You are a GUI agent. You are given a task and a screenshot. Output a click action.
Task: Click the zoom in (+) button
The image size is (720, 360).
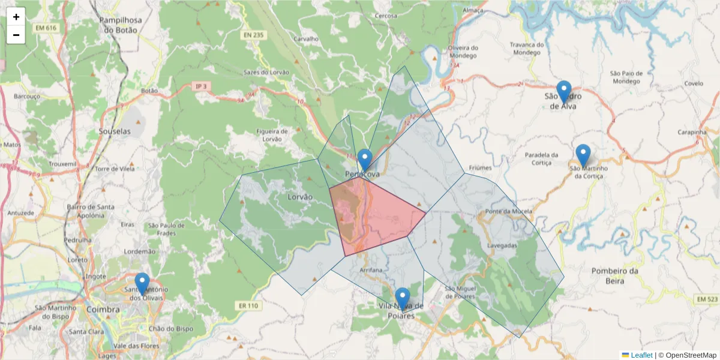pyautogui.click(x=16, y=17)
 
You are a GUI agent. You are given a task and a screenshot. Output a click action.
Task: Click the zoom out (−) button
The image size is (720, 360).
pyautogui.click(x=16, y=35)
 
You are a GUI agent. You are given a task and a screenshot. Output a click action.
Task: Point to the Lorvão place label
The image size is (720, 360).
pyautogui.click(x=300, y=197)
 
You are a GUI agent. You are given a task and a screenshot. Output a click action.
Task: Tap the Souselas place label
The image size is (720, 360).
pyautogui.click(x=114, y=130)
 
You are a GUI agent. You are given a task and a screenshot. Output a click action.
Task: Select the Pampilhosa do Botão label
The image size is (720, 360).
pyautogui.click(x=121, y=25)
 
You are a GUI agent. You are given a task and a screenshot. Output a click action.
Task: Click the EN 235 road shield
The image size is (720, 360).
pyautogui.click(x=254, y=35)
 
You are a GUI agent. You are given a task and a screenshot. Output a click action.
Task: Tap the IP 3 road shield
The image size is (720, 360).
pyautogui.click(x=202, y=86)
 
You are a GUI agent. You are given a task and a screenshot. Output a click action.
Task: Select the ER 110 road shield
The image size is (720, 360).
pyautogui.click(x=248, y=305)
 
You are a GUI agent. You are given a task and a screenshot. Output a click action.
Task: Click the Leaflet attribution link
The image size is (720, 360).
pyautogui.click(x=641, y=355)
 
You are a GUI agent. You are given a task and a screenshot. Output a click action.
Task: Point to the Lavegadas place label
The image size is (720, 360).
pyautogui.click(x=502, y=245)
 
